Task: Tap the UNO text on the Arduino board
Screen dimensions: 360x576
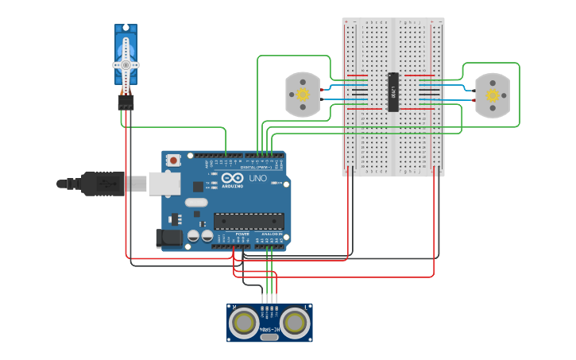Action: pos(258,179)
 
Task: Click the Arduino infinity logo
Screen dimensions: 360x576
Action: pos(230,180)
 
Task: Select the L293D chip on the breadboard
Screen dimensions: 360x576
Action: pos(392,92)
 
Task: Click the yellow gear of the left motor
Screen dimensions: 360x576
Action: pos(302,95)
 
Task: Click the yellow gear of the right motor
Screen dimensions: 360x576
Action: pos(493,95)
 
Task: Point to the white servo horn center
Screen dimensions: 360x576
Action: pos(125,64)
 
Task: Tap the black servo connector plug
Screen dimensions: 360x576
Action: pos(126,103)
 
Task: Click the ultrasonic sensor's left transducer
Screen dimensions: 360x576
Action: pos(242,323)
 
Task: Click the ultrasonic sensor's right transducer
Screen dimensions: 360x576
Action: pos(296,323)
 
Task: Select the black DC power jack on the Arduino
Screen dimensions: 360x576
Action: pos(171,237)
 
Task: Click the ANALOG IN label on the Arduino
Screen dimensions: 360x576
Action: pos(271,234)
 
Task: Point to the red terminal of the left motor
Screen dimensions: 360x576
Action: pos(322,91)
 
